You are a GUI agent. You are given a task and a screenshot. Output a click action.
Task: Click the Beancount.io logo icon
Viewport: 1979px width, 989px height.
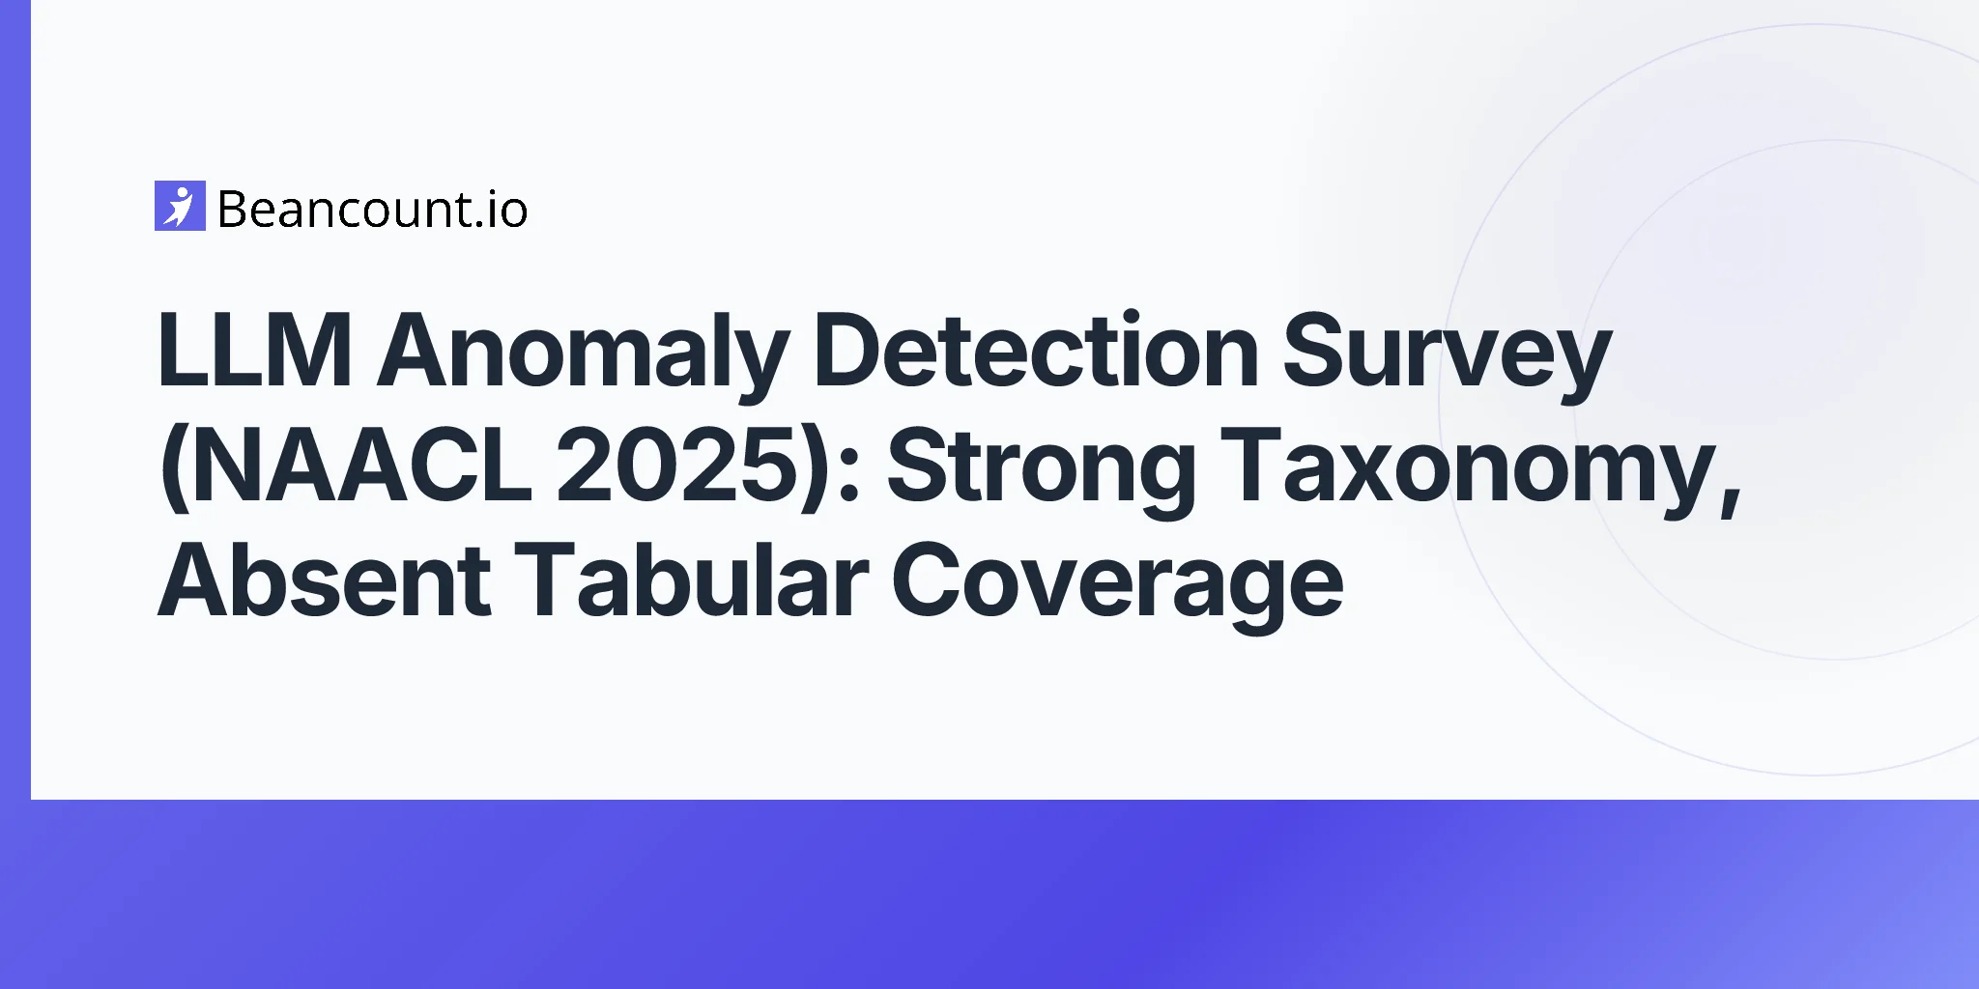tap(180, 206)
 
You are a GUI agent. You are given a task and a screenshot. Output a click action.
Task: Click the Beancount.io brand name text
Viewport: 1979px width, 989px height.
tap(373, 210)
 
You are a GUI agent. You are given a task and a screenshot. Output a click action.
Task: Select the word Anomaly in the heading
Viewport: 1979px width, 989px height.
tap(583, 357)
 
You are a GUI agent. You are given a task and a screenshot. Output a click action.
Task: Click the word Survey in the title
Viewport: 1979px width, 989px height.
tap(1447, 358)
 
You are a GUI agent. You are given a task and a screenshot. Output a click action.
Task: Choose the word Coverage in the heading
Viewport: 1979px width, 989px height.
tap(1117, 588)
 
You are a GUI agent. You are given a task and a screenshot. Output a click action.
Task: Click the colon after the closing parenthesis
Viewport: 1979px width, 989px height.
tap(850, 476)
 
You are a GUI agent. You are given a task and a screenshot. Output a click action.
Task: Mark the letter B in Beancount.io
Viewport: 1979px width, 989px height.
tap(235, 210)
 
